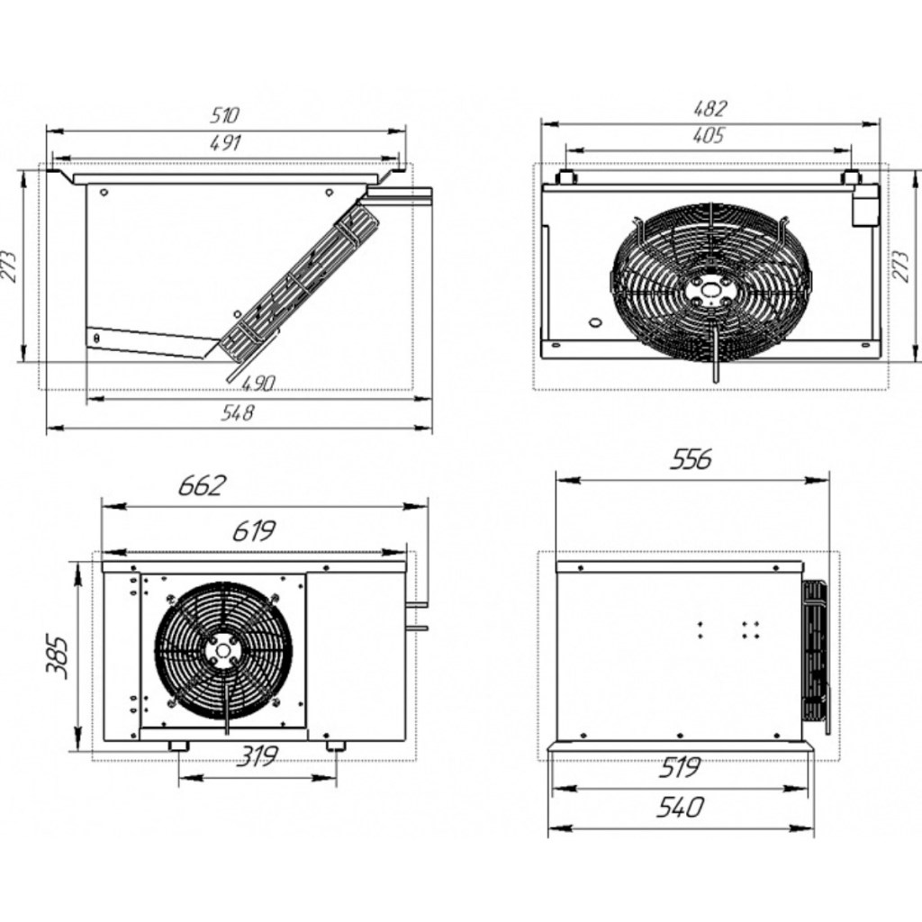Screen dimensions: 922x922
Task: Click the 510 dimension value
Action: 224,115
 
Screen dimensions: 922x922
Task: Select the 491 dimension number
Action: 225,143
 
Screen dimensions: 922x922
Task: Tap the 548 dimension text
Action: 237,412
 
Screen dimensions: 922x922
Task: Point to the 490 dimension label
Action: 258,384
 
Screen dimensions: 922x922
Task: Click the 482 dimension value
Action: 710,109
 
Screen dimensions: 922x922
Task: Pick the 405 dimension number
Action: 708,137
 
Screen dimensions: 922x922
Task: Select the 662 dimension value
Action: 202,486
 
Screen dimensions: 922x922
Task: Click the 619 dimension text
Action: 254,531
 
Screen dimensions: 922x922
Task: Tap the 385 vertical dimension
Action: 57,656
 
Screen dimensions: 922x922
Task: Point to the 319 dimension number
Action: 258,755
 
